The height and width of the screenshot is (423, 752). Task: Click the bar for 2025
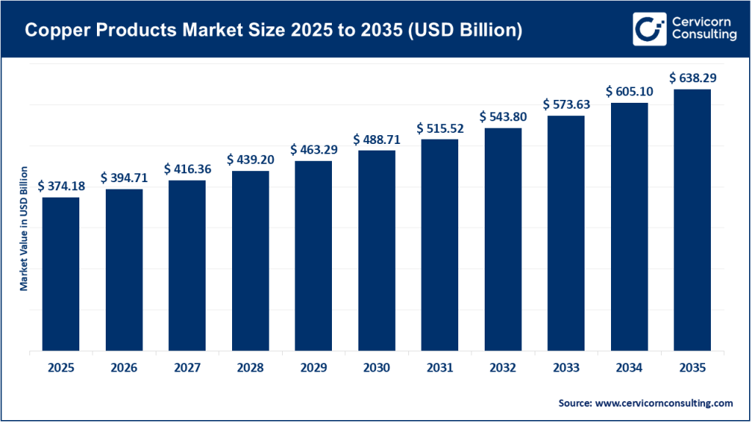point(61,274)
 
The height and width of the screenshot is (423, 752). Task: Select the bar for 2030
point(377,250)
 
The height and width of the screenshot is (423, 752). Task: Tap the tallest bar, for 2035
point(692,220)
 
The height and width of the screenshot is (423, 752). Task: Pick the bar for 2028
point(250,261)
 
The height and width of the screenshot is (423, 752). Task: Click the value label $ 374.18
point(61,186)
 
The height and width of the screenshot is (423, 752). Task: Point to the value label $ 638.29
point(692,77)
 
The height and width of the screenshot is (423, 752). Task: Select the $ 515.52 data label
point(440,128)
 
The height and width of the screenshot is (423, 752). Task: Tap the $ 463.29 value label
point(314,149)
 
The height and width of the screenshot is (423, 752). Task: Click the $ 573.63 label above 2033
point(565,104)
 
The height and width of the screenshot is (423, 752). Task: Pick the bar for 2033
point(565,233)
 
